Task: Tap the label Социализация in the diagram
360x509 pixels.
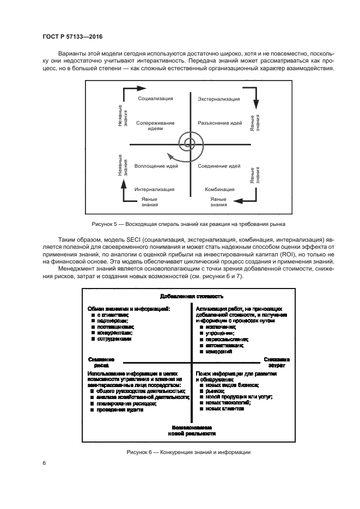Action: click(x=156, y=99)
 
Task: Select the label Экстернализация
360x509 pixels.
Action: click(x=218, y=99)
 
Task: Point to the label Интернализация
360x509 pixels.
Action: click(x=155, y=189)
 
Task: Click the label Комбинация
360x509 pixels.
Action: click(x=219, y=189)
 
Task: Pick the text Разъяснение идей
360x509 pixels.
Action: click(x=219, y=123)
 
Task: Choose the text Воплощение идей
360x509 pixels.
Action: click(x=155, y=165)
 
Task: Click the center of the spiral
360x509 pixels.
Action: click(x=190, y=144)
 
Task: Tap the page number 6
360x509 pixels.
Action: click(x=44, y=463)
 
